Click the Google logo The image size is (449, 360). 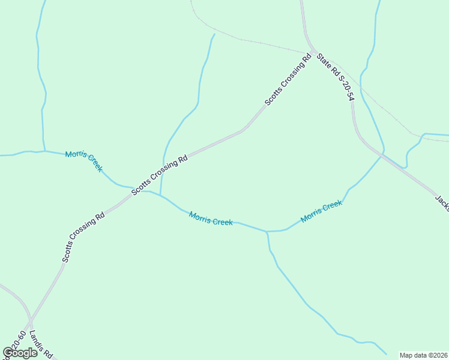pyautogui.click(x=20, y=353)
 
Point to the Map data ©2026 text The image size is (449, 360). pyautogui.click(x=423, y=355)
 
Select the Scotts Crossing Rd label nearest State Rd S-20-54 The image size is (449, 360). pyautogui.click(x=288, y=80)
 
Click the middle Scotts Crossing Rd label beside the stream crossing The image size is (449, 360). pyautogui.click(x=160, y=175)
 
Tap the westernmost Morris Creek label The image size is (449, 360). pyautogui.click(x=83, y=161)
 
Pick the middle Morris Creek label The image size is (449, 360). pyautogui.click(x=211, y=218)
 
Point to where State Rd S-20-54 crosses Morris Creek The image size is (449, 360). pyautogui.click(x=380, y=155)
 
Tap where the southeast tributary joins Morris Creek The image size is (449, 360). pyautogui.click(x=267, y=231)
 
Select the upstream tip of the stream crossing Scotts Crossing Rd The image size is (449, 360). pyautogui.click(x=214, y=34)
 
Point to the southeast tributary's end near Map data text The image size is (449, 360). pyautogui.click(x=386, y=354)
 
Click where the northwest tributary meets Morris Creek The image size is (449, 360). pyautogui.click(x=45, y=151)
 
